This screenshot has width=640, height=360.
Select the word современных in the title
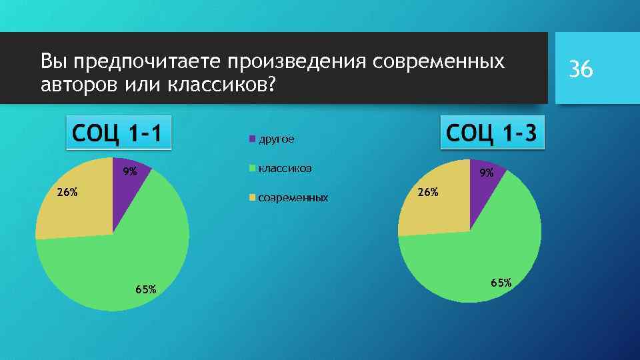click(x=438, y=63)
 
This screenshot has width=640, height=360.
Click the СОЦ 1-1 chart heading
click(x=117, y=133)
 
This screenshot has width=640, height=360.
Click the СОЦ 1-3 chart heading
click(x=492, y=133)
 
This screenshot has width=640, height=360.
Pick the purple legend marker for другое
click(x=252, y=139)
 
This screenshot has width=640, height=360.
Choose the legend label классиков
click(x=285, y=168)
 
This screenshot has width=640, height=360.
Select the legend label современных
click(x=293, y=198)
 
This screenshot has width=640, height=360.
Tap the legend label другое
click(x=276, y=139)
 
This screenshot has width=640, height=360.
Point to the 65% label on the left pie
click(x=145, y=289)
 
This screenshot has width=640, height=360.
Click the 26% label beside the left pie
click(x=67, y=193)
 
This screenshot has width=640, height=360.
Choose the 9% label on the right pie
click(x=487, y=173)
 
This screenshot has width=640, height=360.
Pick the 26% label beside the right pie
click(x=428, y=193)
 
